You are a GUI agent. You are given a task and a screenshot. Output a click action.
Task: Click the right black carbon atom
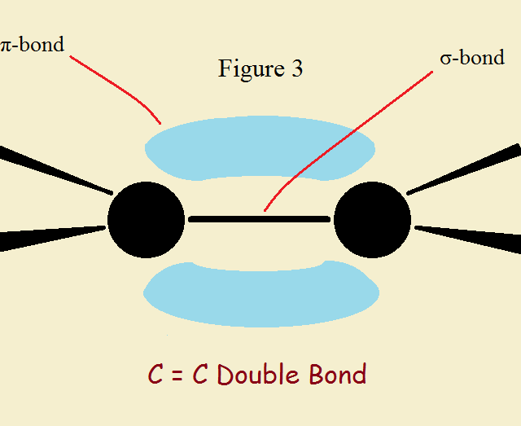pos(372,219)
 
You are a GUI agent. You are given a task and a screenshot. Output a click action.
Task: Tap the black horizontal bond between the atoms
pos(259,219)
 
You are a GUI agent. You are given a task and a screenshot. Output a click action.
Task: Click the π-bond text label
pos(33,43)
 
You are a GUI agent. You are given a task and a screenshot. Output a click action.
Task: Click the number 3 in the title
pos(296,69)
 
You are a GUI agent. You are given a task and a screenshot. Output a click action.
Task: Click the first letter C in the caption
pos(155,375)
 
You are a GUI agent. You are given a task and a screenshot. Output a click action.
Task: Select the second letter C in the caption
pos(200,375)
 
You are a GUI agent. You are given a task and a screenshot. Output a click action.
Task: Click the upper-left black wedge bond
pos(49,167)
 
